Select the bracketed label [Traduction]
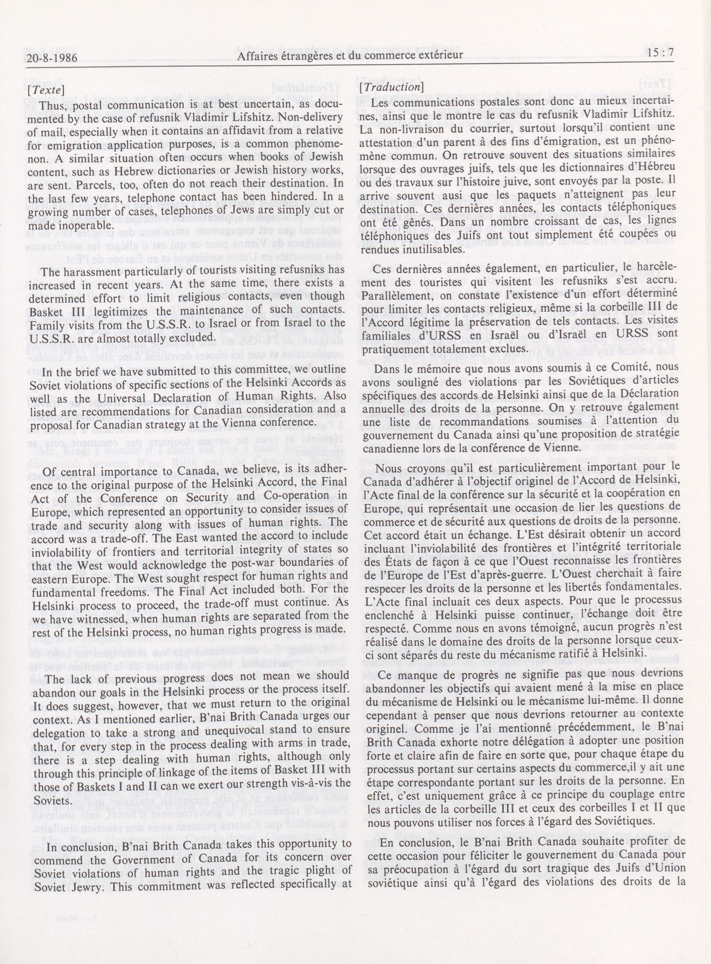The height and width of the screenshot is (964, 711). [x=391, y=87]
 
